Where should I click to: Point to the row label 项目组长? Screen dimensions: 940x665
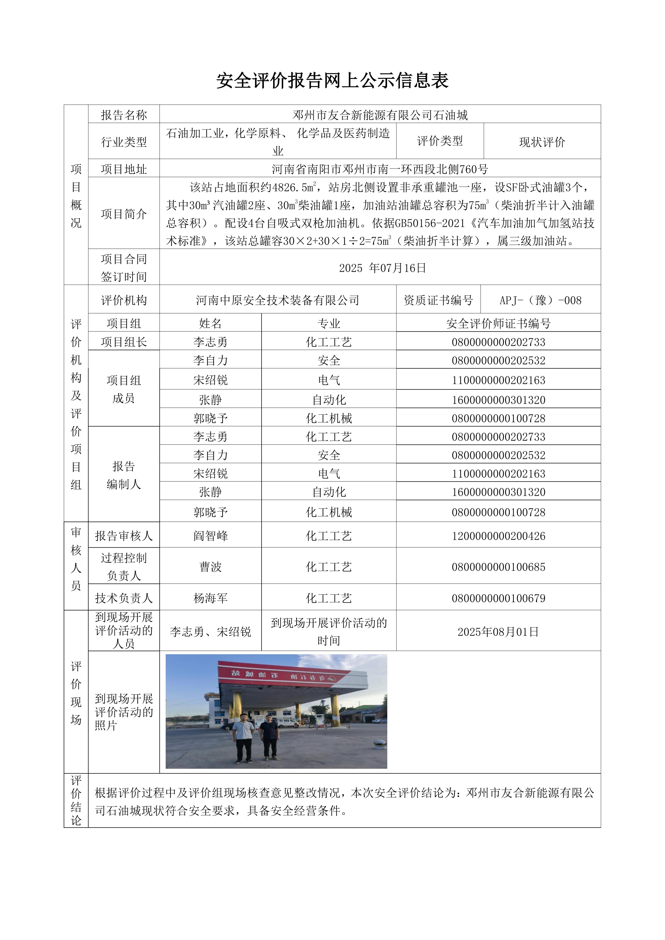click(x=124, y=342)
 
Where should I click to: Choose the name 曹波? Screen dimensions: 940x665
click(x=210, y=567)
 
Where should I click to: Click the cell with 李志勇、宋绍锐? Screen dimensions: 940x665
click(x=210, y=632)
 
